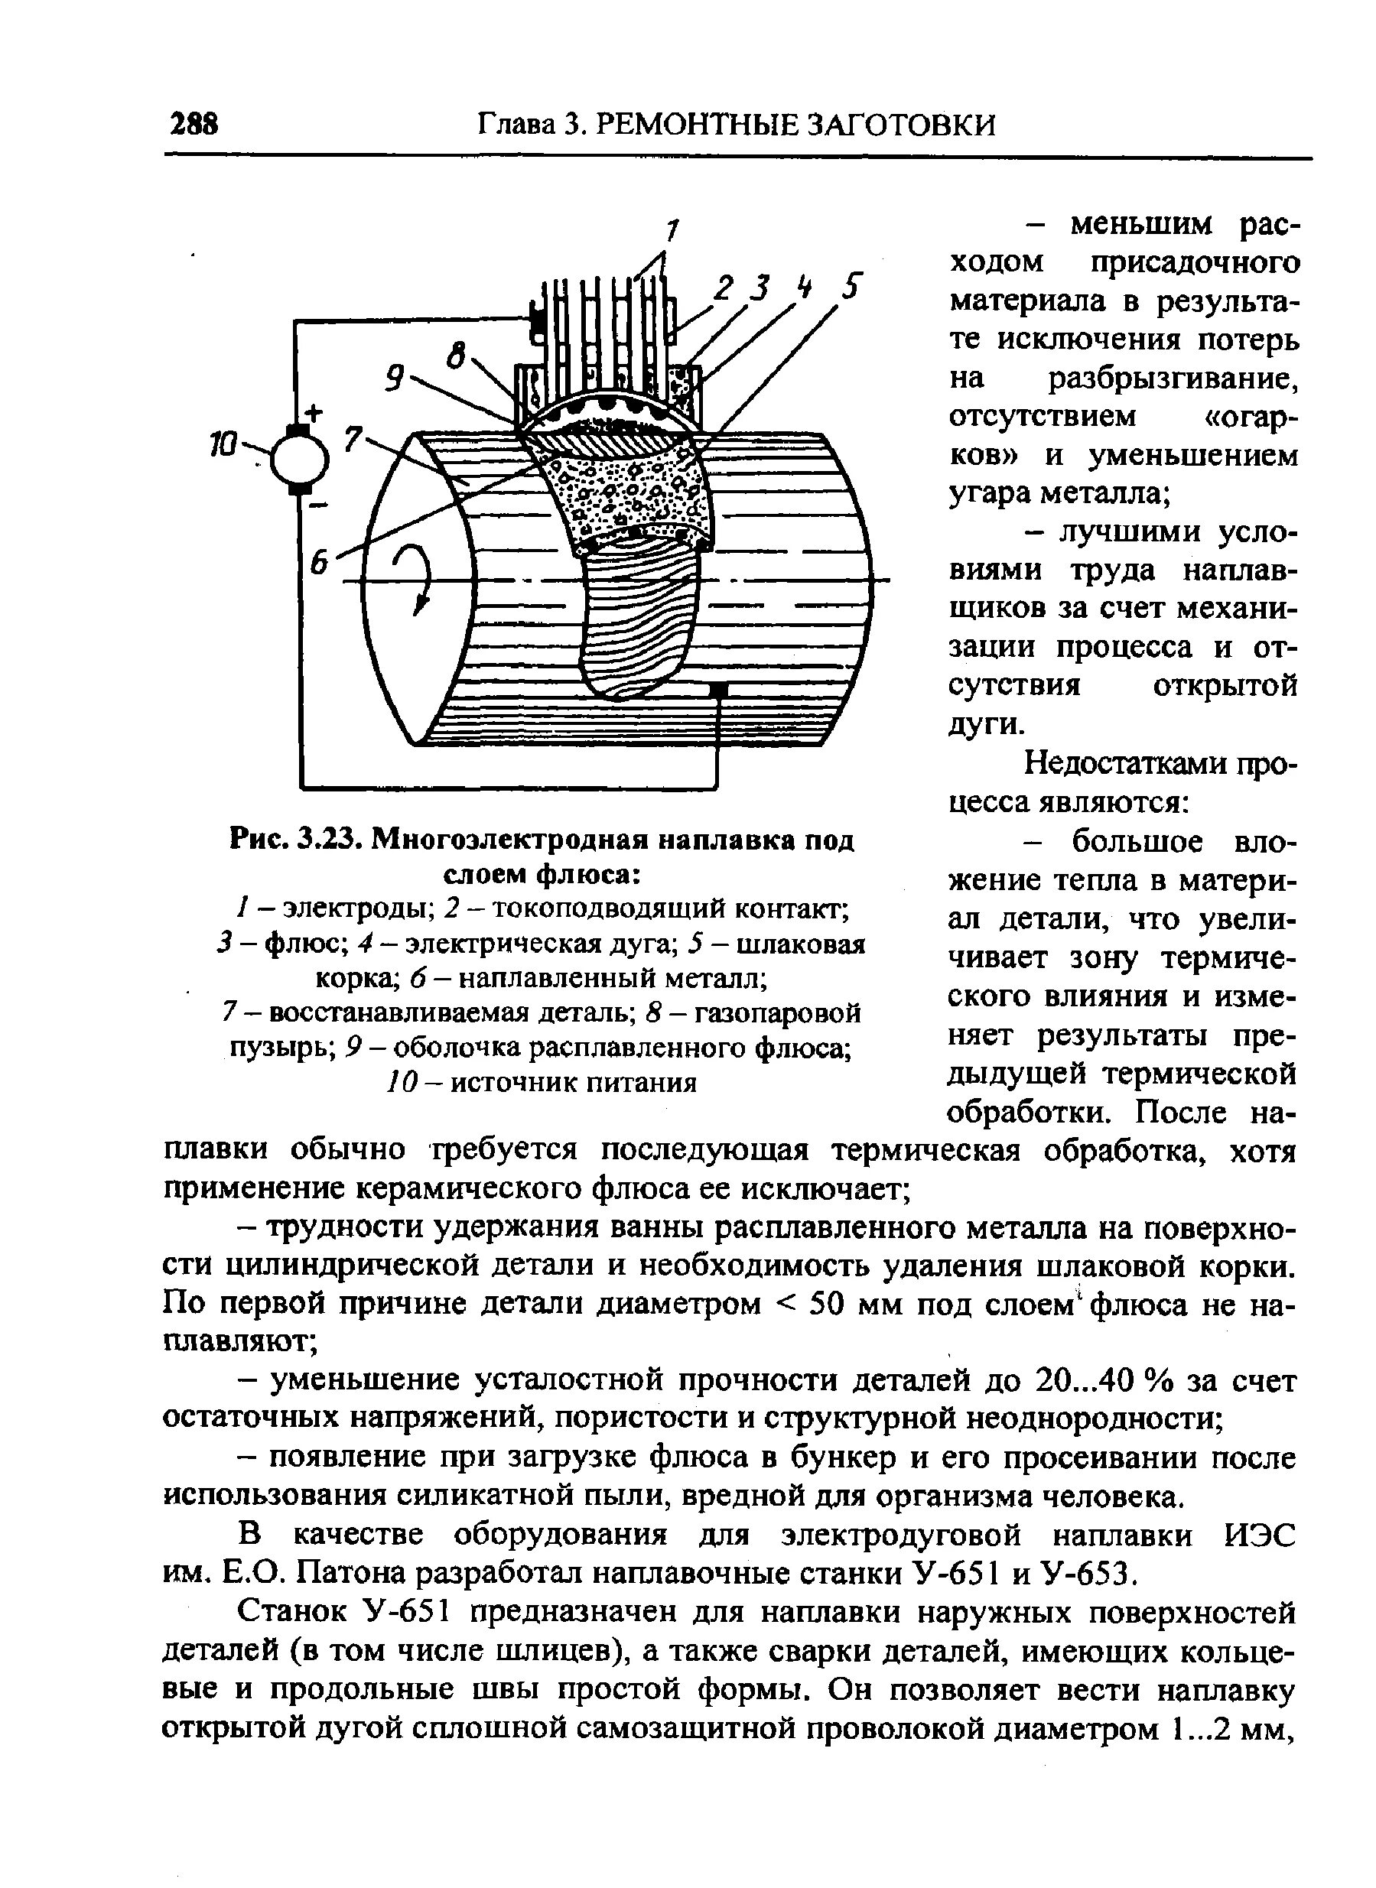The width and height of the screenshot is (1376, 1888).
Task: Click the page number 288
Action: (194, 124)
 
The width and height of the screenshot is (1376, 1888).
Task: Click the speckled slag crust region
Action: (625, 492)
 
